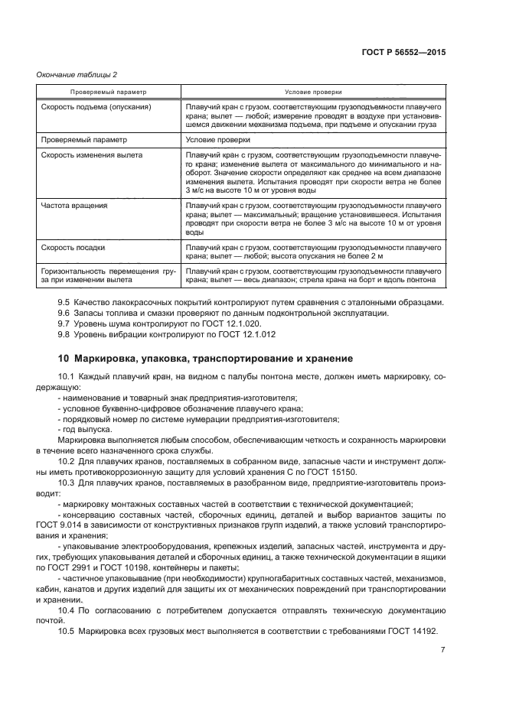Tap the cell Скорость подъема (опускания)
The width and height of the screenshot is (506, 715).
click(x=96, y=107)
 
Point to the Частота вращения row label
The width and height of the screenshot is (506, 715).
click(x=74, y=206)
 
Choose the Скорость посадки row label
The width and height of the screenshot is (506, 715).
click(x=73, y=249)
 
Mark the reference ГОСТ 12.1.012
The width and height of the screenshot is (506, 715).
click(x=250, y=335)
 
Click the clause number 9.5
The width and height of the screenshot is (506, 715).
click(x=65, y=303)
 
